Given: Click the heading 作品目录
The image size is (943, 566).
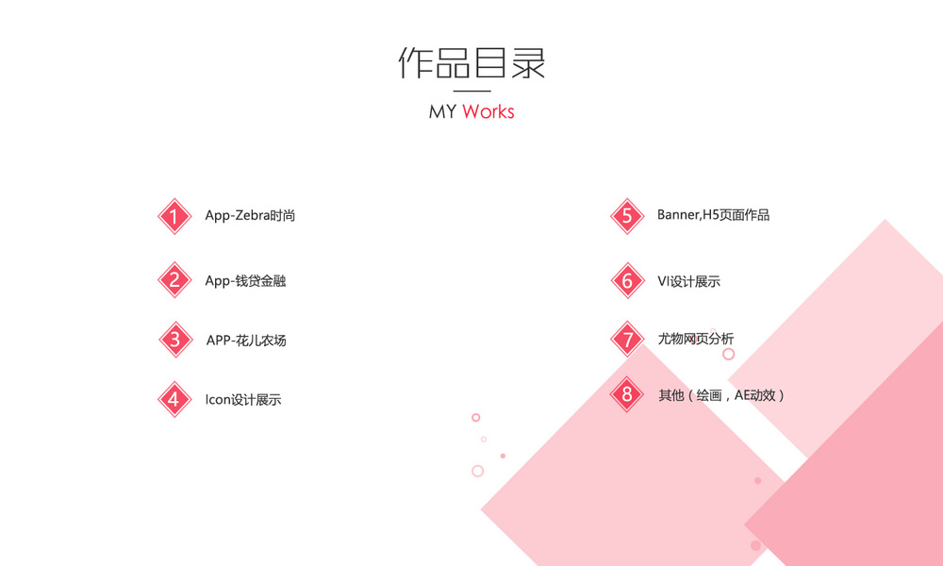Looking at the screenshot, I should pos(471,63).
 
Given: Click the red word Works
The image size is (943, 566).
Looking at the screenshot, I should pos(488,111).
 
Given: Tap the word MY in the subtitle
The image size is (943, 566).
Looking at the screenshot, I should pos(442,111).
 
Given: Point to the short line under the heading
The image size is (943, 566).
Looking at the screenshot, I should pos(471,91).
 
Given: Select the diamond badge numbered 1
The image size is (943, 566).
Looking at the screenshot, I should pos(174,216).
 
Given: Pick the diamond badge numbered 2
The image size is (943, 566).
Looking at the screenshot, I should pos(174,280).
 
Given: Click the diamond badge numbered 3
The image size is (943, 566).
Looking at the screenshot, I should pos(174,340).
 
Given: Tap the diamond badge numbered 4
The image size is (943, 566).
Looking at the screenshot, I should pos(174,399).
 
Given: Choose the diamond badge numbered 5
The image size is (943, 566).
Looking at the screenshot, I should pos(627,216).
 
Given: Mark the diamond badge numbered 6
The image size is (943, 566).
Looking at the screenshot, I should pos(627,280).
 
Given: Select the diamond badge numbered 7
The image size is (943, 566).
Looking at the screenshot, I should pos(627,340).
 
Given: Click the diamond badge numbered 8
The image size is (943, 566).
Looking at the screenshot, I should pos(627,394).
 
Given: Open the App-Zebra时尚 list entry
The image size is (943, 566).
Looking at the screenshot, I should pos(250,215).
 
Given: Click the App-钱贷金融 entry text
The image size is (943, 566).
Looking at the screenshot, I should pos(245,280).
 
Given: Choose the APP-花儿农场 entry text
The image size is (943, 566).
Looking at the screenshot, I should pos(246,340).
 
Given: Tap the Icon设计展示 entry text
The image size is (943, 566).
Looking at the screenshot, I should pos(243,399).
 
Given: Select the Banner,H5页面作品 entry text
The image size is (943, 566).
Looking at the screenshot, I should pos(713,215).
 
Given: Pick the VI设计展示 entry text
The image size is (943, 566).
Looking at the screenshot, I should pos(688,280).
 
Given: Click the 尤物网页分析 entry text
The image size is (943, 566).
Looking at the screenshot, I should pos(695,339).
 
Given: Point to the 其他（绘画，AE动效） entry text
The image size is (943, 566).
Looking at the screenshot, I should pos(721,394).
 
